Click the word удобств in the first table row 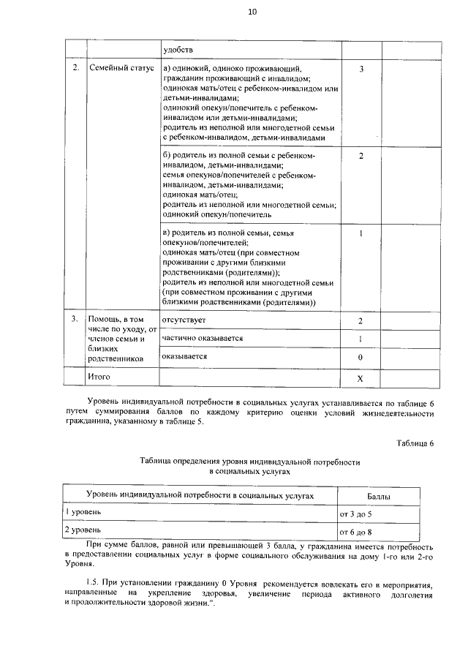178,49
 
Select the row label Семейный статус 121,69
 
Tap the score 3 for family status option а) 361,69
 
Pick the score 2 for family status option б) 361,157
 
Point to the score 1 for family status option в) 361,233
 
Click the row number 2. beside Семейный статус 75,69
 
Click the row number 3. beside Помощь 75,320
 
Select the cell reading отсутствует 184,320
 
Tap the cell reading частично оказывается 203,339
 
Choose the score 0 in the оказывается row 361,358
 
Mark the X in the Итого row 361,378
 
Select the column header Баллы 378,497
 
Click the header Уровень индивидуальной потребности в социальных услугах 200,496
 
